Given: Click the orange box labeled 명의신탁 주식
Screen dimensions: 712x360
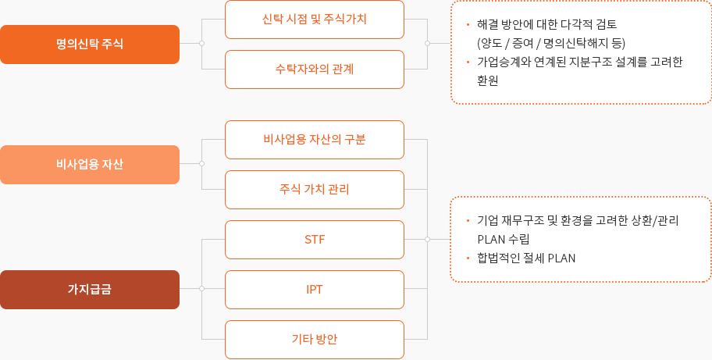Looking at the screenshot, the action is click(x=90, y=44).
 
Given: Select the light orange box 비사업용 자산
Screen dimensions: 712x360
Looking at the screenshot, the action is click(x=90, y=164).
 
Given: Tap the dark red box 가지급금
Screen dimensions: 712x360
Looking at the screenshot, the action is click(x=90, y=289).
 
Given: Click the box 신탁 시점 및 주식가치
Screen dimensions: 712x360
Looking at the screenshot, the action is click(x=314, y=20).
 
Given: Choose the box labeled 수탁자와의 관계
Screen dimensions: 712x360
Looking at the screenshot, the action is click(x=314, y=70).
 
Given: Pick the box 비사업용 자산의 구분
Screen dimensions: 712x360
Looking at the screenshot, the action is click(x=314, y=140).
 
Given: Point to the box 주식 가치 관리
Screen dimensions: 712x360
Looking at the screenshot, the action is click(x=314, y=190).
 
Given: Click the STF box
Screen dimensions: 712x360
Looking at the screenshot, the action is click(x=314, y=240).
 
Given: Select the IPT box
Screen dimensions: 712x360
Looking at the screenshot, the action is click(x=314, y=290).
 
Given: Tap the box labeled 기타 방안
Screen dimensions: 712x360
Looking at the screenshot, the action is click(x=314, y=340).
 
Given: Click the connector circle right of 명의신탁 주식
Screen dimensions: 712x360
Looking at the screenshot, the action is click(x=201, y=44).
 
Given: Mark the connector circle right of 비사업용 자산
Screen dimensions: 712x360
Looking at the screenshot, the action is click(x=201, y=163).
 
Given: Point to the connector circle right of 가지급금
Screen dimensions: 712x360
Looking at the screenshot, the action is click(x=201, y=288).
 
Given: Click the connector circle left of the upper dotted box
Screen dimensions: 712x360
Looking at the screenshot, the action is click(x=427, y=44).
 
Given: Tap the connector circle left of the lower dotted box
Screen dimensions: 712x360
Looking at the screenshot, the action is click(x=427, y=239).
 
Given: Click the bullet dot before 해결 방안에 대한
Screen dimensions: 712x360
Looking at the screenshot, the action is click(x=468, y=24).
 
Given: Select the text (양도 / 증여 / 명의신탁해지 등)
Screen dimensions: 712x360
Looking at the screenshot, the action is click(x=551, y=44).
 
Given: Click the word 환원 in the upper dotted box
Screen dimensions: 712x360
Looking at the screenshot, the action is click(x=488, y=80).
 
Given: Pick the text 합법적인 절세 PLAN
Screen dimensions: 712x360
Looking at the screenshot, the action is click(x=526, y=258).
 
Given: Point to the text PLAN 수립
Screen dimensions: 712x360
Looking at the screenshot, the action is click(x=504, y=239).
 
